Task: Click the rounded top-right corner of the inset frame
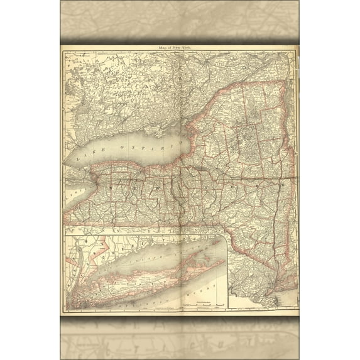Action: coord(224,238)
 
